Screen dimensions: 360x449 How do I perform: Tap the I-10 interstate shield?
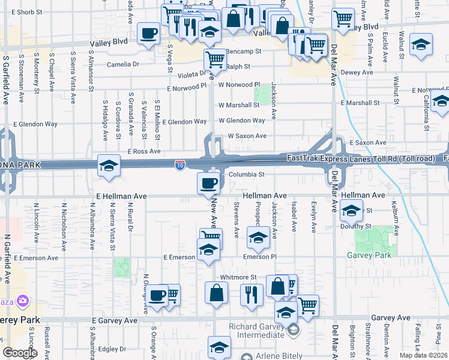pos(180,163)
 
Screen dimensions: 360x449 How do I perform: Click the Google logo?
pos(20,352)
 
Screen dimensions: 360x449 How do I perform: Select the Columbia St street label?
pos(246,175)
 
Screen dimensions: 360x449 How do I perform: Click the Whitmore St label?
pos(238,277)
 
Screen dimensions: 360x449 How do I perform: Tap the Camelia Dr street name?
pos(123,64)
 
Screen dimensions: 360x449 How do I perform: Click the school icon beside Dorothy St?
pos(351,211)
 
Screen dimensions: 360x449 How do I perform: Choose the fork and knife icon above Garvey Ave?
pos(252,294)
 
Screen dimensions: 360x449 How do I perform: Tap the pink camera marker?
pos(23,300)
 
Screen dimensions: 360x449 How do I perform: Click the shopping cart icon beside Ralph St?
pos(214,59)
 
